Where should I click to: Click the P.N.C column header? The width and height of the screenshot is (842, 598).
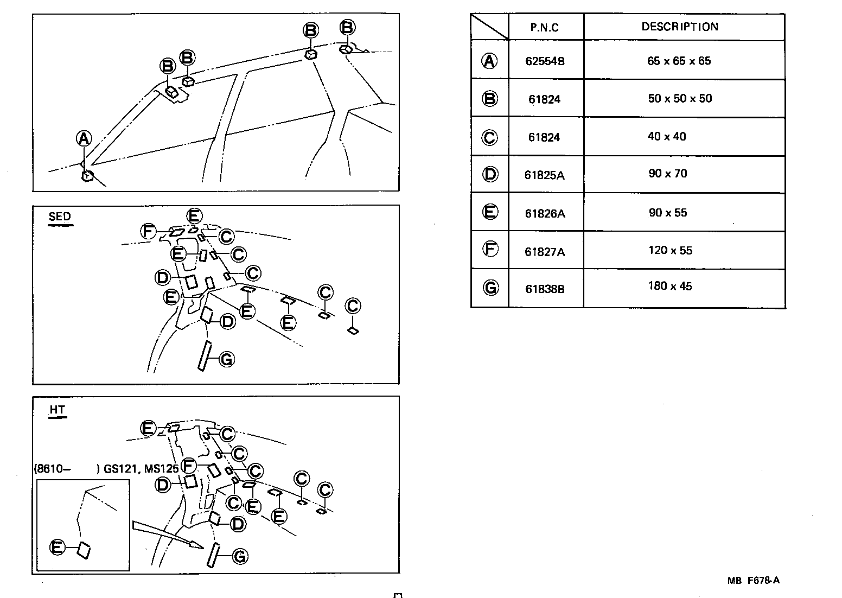tap(545, 28)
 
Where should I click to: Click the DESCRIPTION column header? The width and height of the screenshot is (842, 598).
tap(680, 27)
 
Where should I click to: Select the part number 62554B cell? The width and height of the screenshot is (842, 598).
tap(545, 61)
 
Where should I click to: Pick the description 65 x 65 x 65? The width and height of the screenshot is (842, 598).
tap(679, 61)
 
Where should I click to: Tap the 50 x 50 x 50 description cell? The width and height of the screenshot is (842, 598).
tap(679, 98)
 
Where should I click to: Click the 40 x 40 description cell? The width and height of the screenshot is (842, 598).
tap(667, 136)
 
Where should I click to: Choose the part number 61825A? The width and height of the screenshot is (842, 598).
tap(545, 175)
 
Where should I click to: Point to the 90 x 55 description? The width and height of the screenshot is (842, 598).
tap(667, 213)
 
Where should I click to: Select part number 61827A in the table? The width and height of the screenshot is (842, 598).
tap(545, 252)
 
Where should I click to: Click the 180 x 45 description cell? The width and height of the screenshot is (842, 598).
tap(670, 286)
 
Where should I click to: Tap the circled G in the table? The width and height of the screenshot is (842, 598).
tap(490, 288)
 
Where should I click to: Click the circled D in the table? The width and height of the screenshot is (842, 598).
tap(490, 174)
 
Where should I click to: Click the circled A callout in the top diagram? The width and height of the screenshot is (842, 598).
tap(84, 139)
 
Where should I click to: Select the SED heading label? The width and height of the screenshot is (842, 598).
tap(60, 217)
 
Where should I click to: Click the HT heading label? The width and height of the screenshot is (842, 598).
tap(57, 410)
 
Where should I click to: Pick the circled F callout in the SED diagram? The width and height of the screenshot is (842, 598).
tap(148, 232)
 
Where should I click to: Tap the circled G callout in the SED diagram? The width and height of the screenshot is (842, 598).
tap(226, 359)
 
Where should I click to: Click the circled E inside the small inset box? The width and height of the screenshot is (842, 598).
tap(57, 548)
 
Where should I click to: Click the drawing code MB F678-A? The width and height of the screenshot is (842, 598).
tap(753, 581)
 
